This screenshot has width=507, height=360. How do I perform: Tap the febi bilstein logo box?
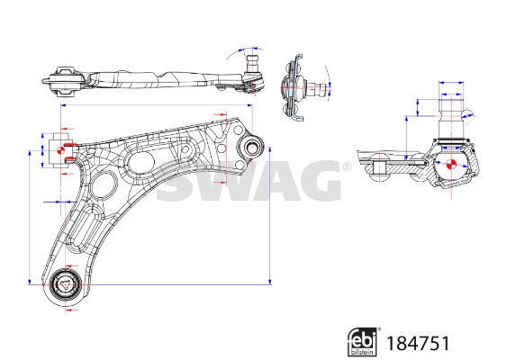(361, 341)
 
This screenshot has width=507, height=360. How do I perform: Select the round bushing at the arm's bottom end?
(65, 286)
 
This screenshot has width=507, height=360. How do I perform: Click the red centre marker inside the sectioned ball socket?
(450, 166)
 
